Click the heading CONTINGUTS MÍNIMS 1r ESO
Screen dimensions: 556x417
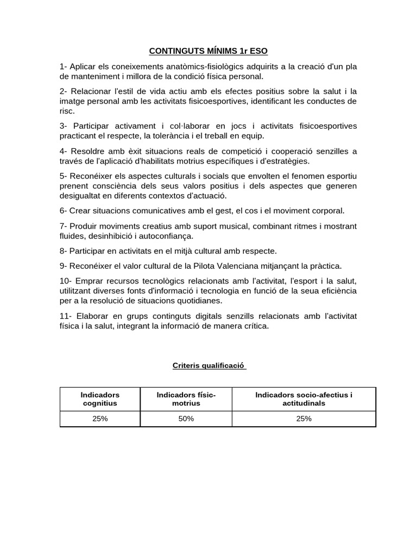coord(208,52)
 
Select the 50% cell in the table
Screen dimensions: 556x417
coord(186,419)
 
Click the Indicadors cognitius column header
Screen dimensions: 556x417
coord(100,399)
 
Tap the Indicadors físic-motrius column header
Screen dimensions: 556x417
coord(186,399)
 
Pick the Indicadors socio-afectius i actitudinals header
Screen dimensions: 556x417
coord(304,399)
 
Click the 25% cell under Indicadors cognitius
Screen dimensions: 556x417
coord(100,419)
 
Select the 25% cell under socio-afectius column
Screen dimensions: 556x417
coord(304,419)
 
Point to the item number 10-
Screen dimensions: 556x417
coord(66,281)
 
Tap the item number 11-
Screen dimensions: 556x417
coord(65,316)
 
